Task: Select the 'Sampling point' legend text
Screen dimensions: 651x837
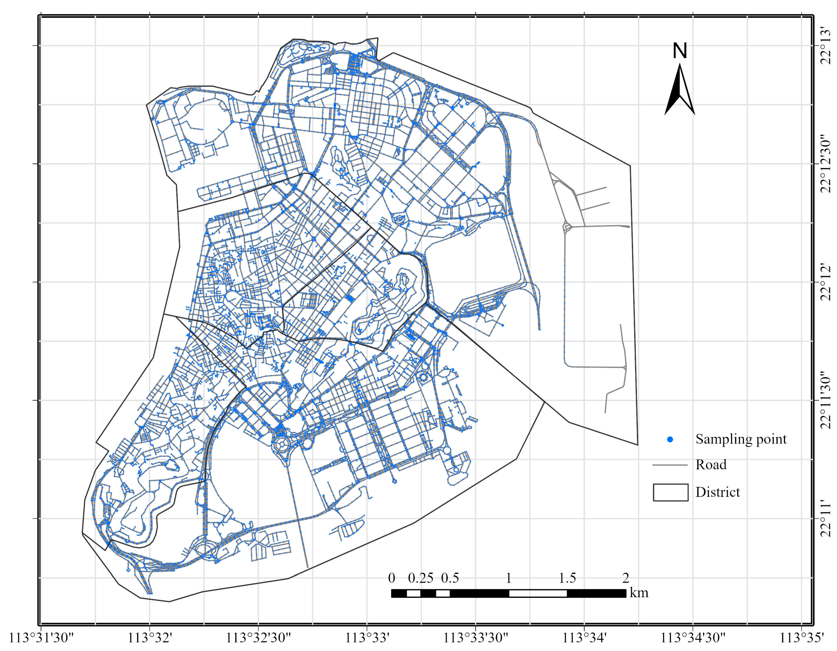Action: [741, 439]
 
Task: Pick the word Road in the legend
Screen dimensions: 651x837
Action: [711, 465]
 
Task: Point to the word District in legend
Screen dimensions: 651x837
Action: [718, 492]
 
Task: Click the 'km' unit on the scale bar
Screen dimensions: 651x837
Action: [639, 593]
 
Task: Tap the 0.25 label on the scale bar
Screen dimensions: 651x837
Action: [420, 578]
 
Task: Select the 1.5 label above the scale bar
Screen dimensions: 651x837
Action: [567, 578]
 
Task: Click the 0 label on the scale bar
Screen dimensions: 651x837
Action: [391, 578]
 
